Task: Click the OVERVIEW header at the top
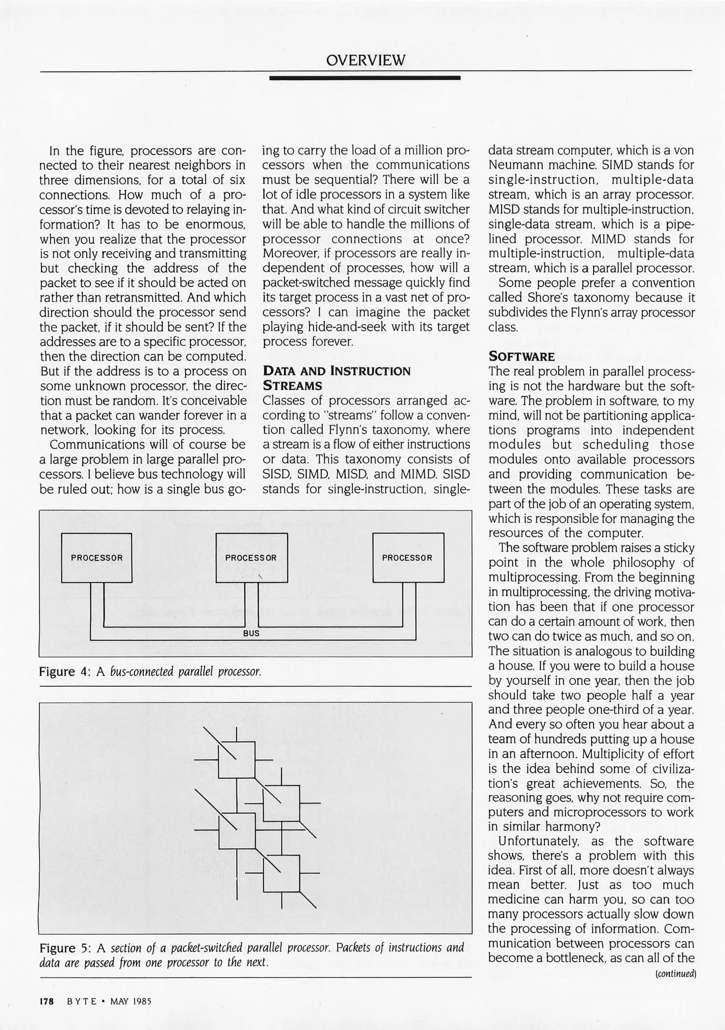365,61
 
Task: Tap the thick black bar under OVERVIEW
365,78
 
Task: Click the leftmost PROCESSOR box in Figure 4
97,557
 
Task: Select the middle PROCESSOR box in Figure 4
252,557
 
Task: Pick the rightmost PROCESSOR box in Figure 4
408,557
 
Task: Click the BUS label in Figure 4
251,633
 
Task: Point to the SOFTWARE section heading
522,357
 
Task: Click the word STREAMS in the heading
292,385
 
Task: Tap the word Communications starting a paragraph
99,444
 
